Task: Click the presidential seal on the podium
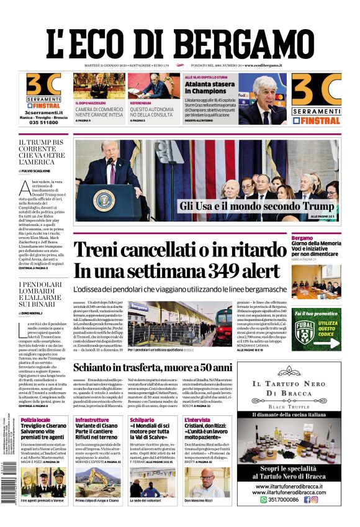pyautogui.click(x=103, y=201)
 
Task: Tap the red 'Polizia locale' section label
pyautogui.click(x=35, y=420)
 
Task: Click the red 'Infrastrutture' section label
pyautogui.click(x=92, y=420)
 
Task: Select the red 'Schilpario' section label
pyautogui.click(x=142, y=420)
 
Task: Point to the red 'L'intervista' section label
pyautogui.click(x=197, y=420)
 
